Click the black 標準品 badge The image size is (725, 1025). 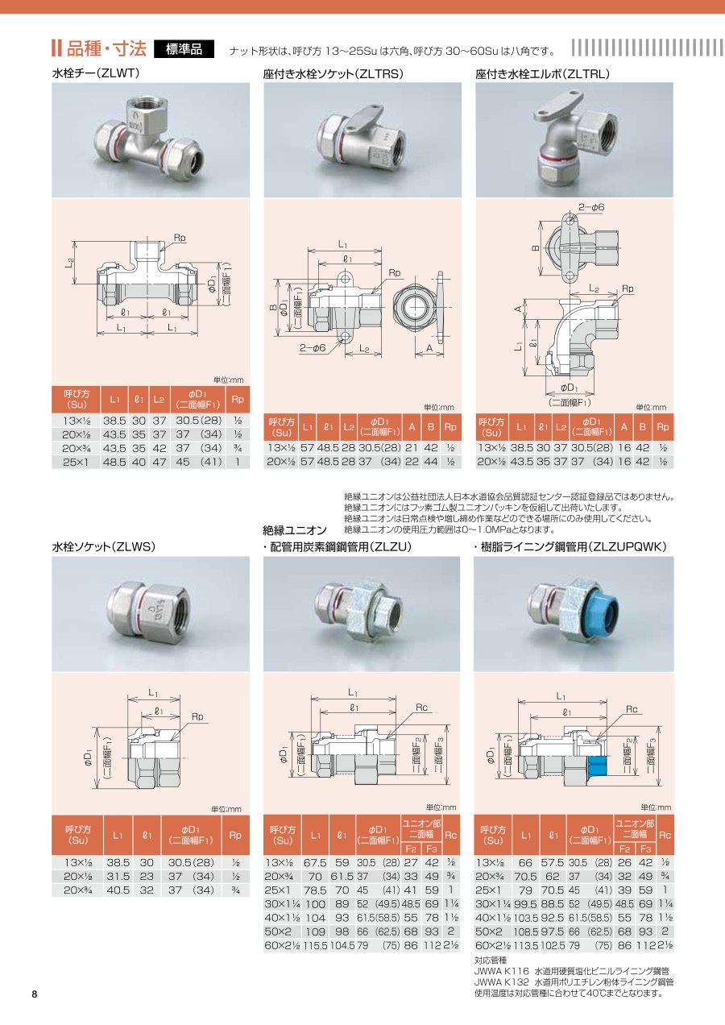(x=184, y=49)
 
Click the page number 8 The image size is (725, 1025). (x=35, y=994)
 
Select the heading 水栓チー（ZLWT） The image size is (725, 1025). (x=96, y=73)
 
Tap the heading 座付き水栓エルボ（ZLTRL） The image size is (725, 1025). (x=542, y=73)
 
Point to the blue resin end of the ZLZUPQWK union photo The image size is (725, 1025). (x=605, y=612)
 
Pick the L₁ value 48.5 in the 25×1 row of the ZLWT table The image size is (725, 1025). (x=114, y=463)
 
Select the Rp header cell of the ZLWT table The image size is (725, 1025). (x=238, y=400)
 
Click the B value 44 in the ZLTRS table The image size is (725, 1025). (x=431, y=462)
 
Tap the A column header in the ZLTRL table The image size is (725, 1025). (x=624, y=427)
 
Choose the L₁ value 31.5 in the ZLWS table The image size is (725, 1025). (x=118, y=876)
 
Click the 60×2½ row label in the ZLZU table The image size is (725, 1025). (x=281, y=945)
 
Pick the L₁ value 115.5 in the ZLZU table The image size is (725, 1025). (x=315, y=945)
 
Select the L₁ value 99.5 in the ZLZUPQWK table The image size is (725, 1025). (x=525, y=904)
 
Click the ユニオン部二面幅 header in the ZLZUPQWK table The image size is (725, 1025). (x=635, y=828)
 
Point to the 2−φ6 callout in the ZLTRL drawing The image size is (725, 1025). (x=591, y=207)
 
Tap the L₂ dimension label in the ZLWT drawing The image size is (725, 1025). (x=69, y=263)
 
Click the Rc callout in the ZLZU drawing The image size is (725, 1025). (x=421, y=708)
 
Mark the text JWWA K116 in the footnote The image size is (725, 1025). (x=501, y=971)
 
